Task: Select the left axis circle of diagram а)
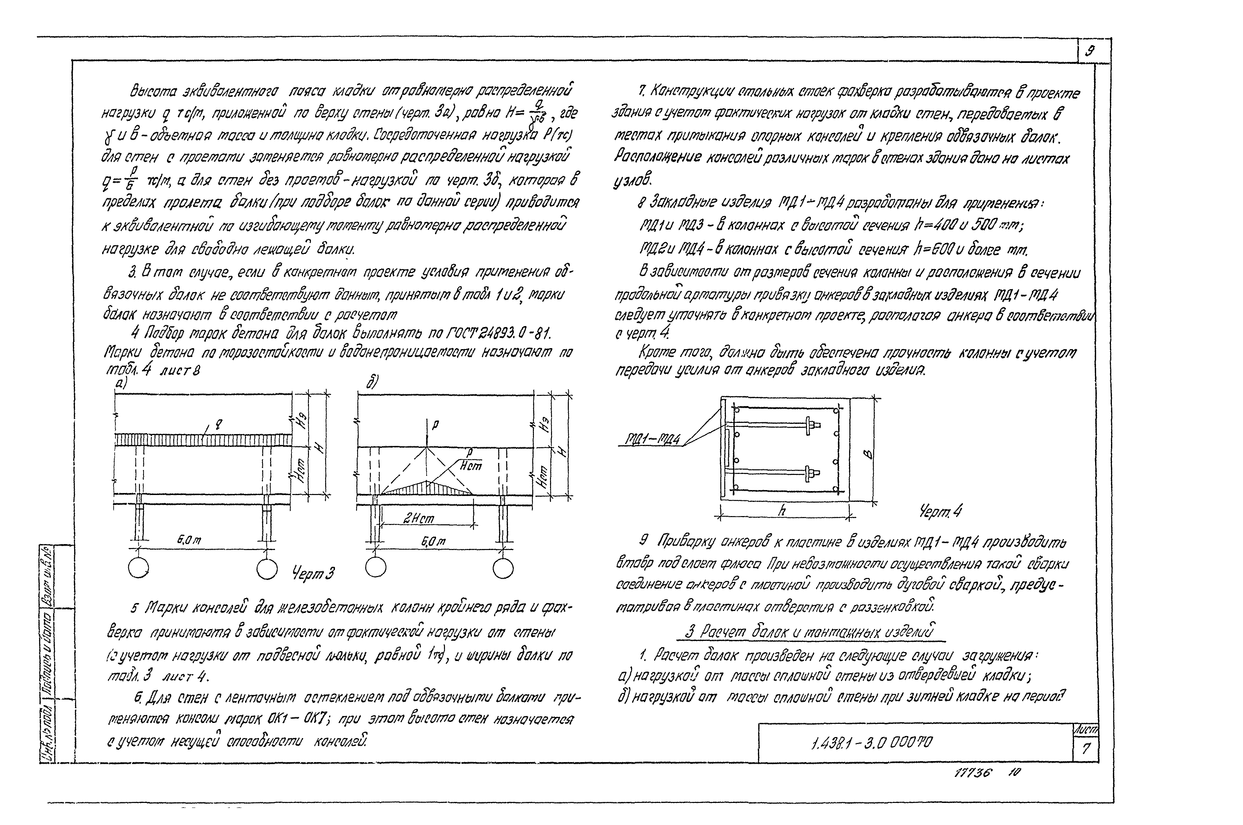(138, 568)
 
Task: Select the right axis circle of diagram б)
(503, 568)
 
